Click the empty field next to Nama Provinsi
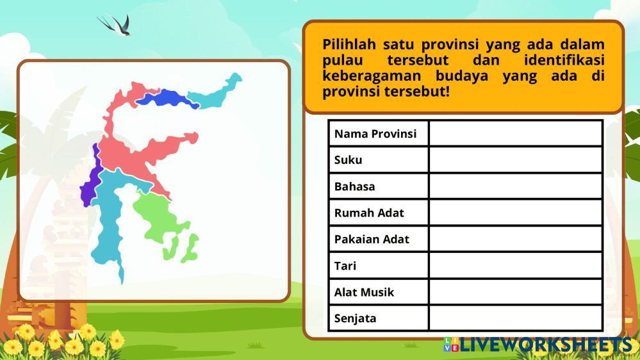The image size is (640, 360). (x=516, y=133)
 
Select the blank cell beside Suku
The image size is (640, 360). (x=516, y=160)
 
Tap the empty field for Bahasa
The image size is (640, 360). (x=516, y=186)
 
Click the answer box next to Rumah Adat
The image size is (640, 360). (x=516, y=213)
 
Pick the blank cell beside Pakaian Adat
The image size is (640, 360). (x=516, y=239)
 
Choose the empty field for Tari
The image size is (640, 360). (x=516, y=266)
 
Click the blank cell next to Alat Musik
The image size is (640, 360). (x=516, y=292)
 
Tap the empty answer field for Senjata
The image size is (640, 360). (x=516, y=318)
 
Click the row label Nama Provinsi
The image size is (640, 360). (x=375, y=134)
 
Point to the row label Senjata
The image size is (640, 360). (x=355, y=318)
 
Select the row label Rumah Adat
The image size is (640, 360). (x=369, y=213)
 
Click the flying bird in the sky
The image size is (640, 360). (x=116, y=24)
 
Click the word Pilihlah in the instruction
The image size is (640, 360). (x=349, y=44)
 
